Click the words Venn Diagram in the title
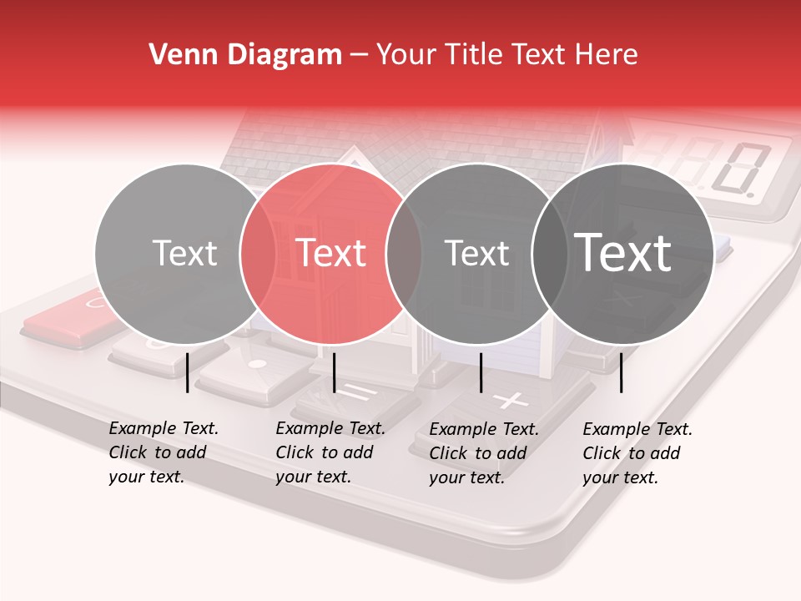click(244, 55)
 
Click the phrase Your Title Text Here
click(506, 55)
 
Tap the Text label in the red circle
click(331, 253)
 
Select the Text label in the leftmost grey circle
click(184, 253)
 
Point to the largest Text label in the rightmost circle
click(622, 253)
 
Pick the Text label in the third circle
click(476, 253)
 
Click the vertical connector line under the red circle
click(334, 372)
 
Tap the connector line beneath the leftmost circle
click(187, 372)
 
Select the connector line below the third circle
click(481, 372)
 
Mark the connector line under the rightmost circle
click(621, 372)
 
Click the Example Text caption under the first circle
click(164, 452)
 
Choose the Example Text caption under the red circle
click(330, 452)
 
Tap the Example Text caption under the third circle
click(484, 452)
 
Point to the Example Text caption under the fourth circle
click(637, 452)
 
